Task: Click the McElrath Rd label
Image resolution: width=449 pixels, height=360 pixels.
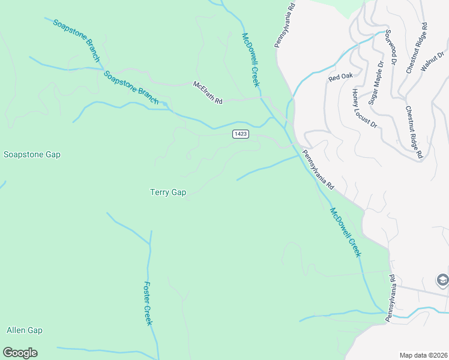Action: [208, 93]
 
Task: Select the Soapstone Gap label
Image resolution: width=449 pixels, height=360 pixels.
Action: [32, 154]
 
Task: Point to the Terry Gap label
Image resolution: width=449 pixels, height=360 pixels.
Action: [167, 192]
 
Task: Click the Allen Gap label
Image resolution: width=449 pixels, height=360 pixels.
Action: [25, 330]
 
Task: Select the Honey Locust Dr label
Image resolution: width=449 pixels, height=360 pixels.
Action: [364, 108]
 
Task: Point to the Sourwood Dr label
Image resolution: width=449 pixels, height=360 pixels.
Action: [391, 46]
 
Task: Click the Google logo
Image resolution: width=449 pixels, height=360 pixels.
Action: [20, 353]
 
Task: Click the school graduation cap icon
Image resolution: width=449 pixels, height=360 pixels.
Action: [442, 280]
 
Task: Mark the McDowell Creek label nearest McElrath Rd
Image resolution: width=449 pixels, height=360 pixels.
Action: [250, 60]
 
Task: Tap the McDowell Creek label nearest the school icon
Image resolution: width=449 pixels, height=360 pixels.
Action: [346, 232]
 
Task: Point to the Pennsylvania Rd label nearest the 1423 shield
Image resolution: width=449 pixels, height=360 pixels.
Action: [318, 170]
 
